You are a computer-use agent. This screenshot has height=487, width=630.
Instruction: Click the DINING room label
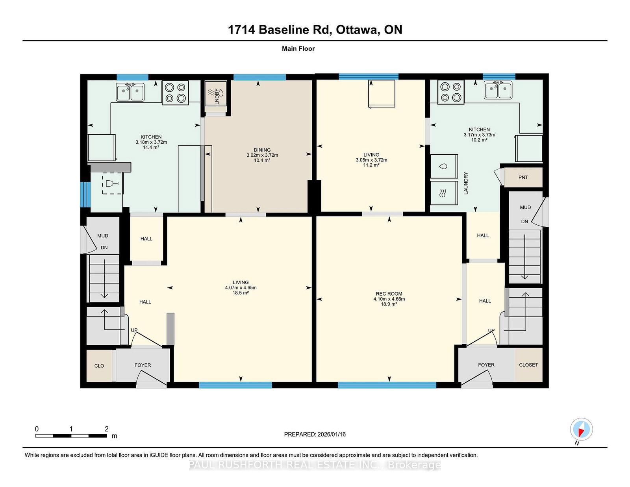click(x=262, y=150)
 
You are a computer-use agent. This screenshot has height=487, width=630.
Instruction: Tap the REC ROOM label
click(x=389, y=294)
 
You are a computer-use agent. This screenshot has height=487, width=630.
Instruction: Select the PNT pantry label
click(x=523, y=178)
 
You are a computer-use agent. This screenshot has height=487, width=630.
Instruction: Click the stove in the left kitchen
click(x=175, y=93)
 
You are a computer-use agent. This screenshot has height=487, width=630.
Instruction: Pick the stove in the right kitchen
click(x=450, y=92)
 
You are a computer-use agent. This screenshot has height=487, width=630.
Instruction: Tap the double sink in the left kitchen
click(x=130, y=92)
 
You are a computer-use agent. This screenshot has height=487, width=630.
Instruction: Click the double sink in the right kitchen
click(x=498, y=90)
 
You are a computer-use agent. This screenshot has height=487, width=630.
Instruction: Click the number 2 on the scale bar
click(x=106, y=429)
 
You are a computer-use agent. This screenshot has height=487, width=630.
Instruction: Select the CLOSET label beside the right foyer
click(x=528, y=365)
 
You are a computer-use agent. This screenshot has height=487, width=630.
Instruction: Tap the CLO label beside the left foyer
click(x=99, y=366)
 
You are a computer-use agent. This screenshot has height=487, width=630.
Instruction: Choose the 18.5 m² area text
click(x=241, y=293)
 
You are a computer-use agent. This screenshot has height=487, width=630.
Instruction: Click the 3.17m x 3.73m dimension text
click(x=479, y=135)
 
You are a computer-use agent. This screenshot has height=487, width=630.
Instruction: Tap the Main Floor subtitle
click(x=298, y=49)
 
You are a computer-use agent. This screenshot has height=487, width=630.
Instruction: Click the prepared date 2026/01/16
click(x=332, y=435)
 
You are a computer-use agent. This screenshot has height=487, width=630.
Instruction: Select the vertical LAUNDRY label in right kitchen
click(x=466, y=183)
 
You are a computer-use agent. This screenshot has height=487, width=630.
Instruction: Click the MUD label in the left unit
click(x=103, y=236)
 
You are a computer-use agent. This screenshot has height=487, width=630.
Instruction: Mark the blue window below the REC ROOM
click(x=387, y=385)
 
